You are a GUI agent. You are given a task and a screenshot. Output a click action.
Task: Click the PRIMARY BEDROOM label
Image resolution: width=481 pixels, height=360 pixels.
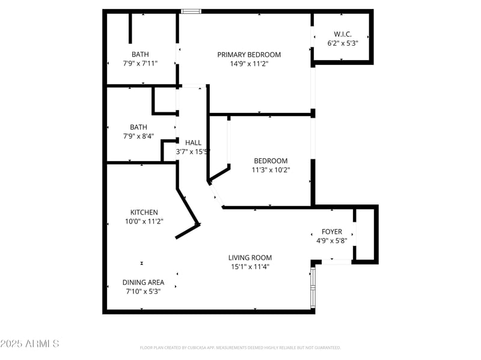[x=249, y=55]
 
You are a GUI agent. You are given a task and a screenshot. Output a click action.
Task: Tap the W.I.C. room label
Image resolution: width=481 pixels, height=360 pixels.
[x=343, y=34]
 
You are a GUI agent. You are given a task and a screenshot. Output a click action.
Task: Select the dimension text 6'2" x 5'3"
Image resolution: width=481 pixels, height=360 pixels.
[x=343, y=43]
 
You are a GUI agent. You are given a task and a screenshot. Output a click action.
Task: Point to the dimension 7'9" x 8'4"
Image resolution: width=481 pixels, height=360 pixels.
[x=139, y=136]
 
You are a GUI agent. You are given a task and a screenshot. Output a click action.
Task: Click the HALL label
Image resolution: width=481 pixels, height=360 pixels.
[x=194, y=142]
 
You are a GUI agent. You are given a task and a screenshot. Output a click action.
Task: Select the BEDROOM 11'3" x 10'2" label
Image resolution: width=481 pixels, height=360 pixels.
[x=271, y=161]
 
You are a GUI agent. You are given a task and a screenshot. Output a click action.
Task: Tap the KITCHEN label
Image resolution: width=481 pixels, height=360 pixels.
[x=144, y=212]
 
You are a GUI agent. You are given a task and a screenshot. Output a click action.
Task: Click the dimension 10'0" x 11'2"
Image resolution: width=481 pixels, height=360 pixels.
[x=144, y=221]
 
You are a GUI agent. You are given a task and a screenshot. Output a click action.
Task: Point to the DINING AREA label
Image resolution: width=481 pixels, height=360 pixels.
[x=143, y=282]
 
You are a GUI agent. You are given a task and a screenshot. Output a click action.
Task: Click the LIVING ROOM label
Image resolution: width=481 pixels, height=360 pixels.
[x=250, y=258]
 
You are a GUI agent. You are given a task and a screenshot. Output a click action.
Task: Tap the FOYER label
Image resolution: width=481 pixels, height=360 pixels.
[x=332, y=231]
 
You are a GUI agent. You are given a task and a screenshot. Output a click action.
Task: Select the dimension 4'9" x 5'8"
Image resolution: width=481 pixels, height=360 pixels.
[x=332, y=240]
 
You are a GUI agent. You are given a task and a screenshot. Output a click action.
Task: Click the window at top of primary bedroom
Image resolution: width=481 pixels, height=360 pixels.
[x=191, y=11]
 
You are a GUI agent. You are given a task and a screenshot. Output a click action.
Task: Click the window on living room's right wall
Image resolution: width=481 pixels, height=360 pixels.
[x=313, y=288]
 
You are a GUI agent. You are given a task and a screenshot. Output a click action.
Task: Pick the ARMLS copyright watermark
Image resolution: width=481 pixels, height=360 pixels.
[x=29, y=344]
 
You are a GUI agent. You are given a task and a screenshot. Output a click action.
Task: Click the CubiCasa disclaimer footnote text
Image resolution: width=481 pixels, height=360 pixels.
[x=240, y=347]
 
